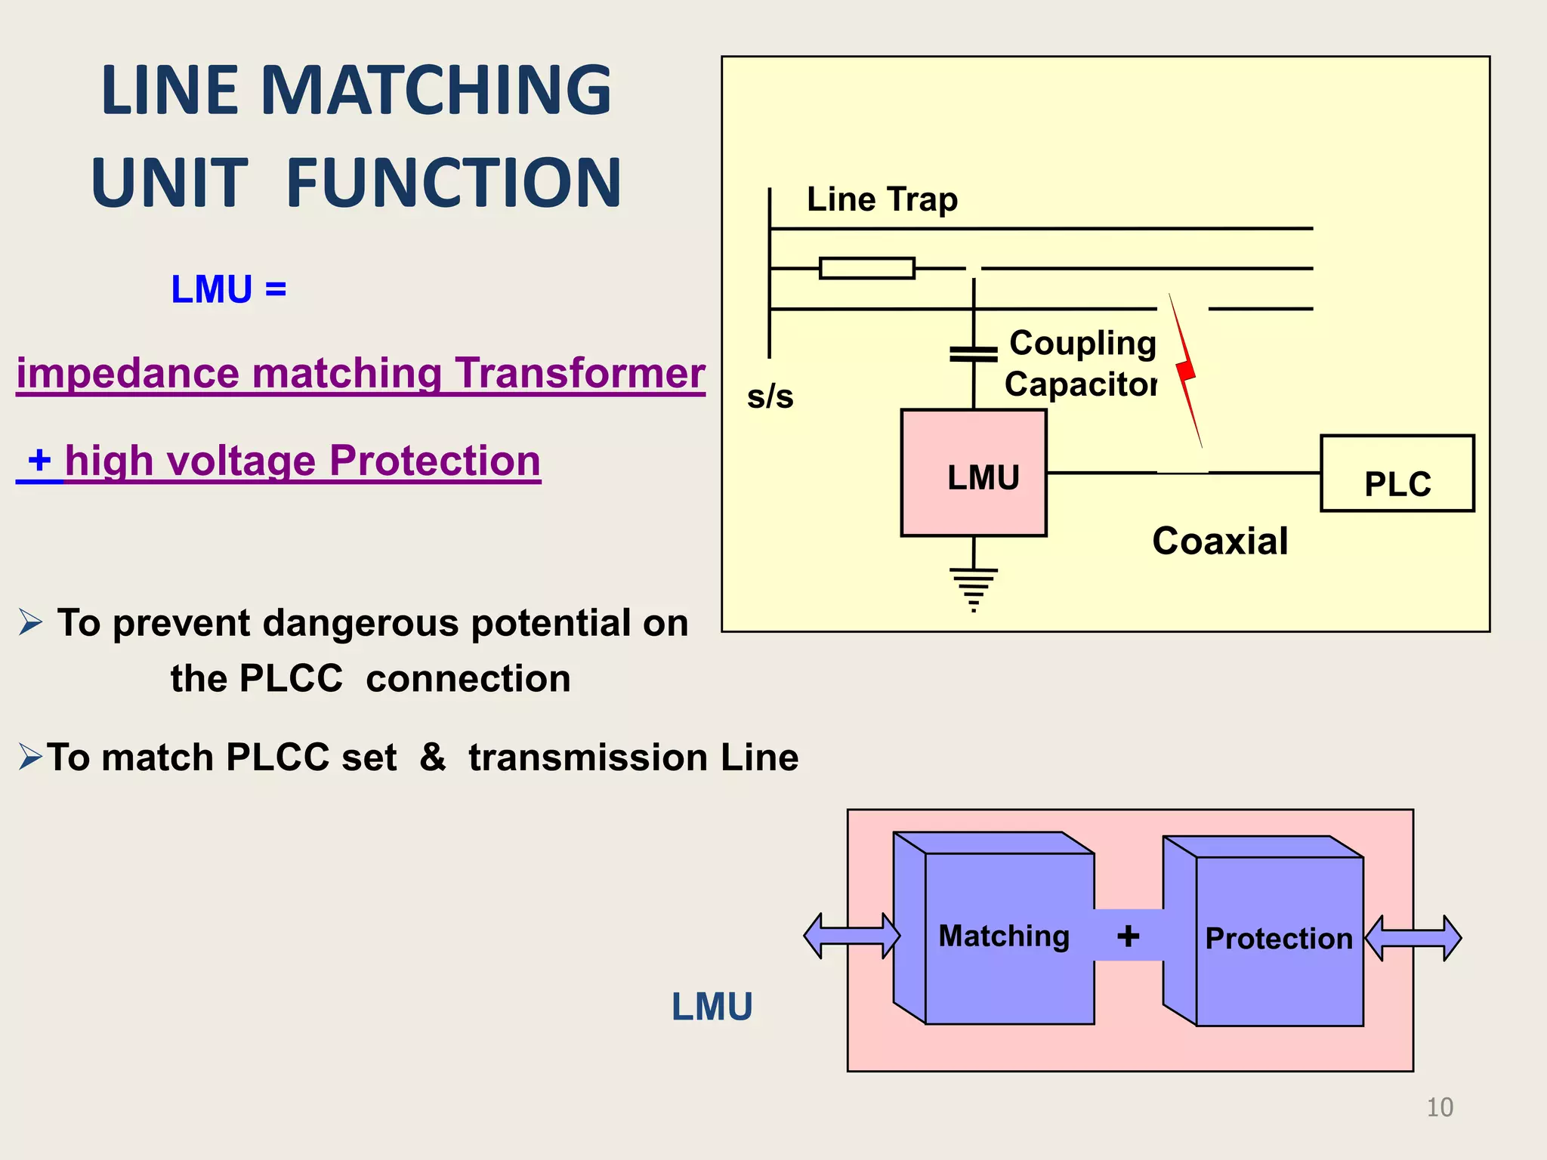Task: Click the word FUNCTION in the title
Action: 453,183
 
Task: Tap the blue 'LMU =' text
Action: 228,289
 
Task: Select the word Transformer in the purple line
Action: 579,373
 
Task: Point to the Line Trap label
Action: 882,199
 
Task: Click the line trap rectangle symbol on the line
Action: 866,268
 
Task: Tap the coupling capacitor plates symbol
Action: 973,353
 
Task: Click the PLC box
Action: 1397,474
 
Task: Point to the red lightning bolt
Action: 1186,371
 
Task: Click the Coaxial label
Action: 1219,541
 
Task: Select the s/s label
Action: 770,396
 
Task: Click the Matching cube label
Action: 1003,936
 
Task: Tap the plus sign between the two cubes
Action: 1128,936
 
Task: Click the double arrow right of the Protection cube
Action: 1413,938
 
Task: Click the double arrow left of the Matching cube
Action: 851,936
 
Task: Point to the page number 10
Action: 1439,1107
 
